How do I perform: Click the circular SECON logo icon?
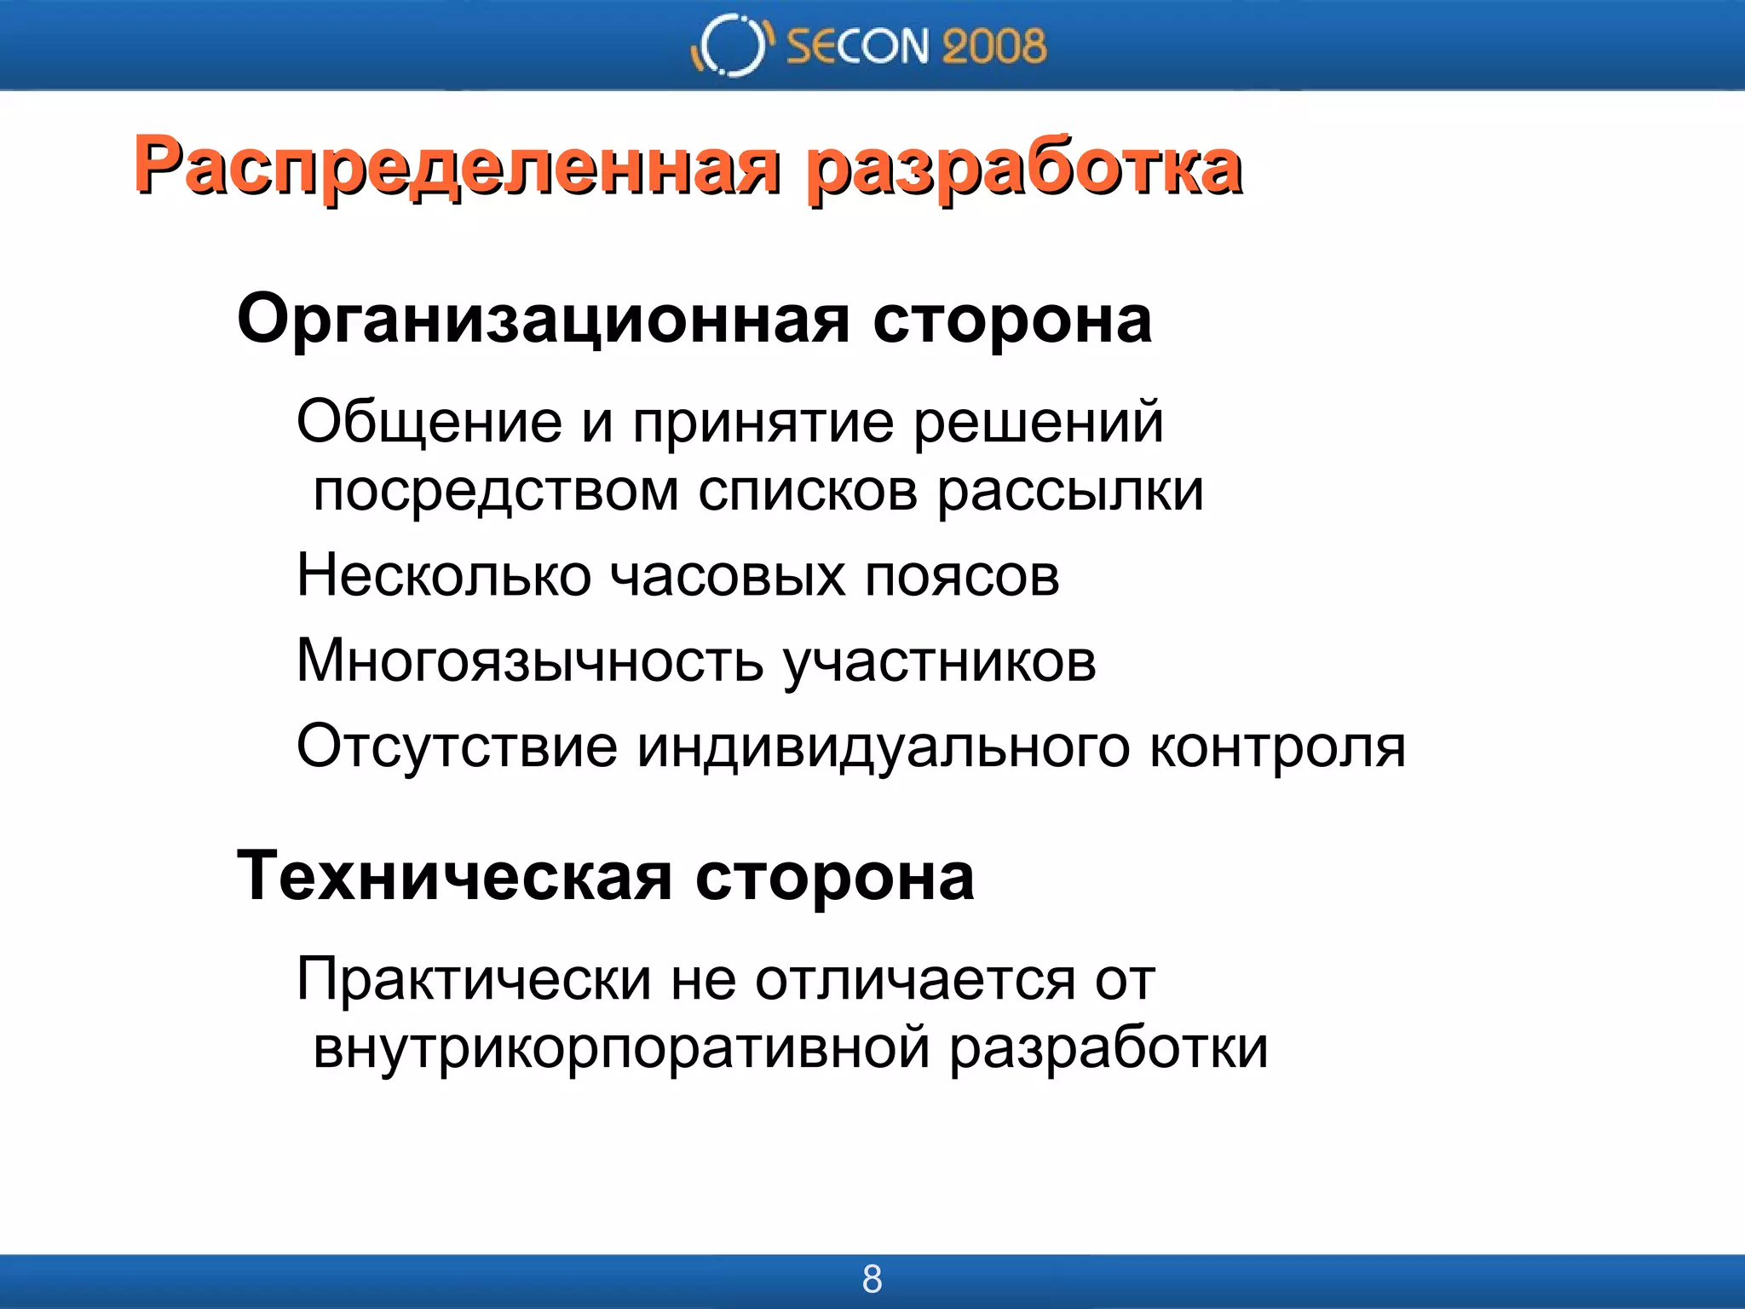pyautogui.click(x=731, y=45)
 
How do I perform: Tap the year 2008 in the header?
pyautogui.click(x=993, y=46)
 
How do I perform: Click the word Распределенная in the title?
pyautogui.click(x=456, y=167)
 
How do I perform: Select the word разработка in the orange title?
pyautogui.click(x=1022, y=167)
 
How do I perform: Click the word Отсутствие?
pyautogui.click(x=457, y=747)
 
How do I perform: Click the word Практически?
pyautogui.click(x=474, y=979)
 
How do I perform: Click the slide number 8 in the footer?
pyautogui.click(x=872, y=1279)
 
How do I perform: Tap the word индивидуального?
pyautogui.click(x=883, y=747)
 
